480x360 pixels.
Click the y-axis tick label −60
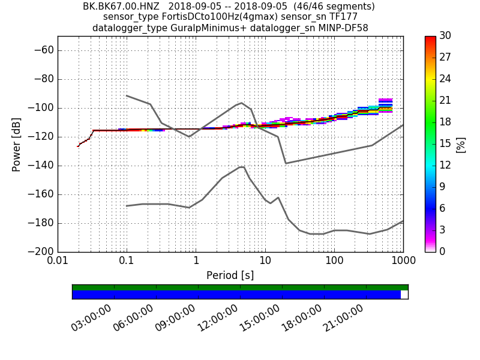click(x=44, y=50)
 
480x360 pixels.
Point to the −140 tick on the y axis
click(x=41, y=166)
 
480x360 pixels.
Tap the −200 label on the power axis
click(x=41, y=251)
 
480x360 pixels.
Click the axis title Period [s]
click(x=230, y=275)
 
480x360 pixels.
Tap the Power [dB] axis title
click(x=16, y=144)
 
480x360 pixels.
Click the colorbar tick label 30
click(x=445, y=36)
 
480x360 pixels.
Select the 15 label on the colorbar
click(x=445, y=144)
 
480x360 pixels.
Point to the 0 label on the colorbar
click(x=443, y=251)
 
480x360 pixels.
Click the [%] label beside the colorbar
click(x=461, y=144)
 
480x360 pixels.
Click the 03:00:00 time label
click(x=91, y=318)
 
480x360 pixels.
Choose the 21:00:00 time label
click(x=343, y=318)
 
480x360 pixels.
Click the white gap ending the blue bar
click(x=404, y=295)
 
